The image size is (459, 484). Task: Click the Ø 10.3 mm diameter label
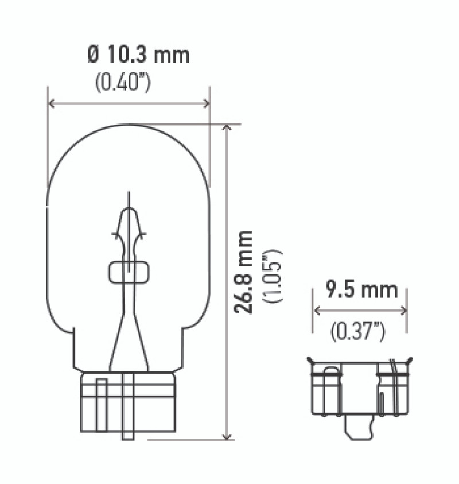pyautogui.click(x=138, y=56)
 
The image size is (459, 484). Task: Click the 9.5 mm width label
pyautogui.click(x=361, y=290)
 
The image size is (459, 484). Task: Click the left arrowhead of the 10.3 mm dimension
pyautogui.click(x=52, y=103)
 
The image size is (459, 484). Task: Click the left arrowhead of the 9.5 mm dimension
pyautogui.click(x=316, y=311)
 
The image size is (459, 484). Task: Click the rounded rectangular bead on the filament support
pyautogui.click(x=129, y=272)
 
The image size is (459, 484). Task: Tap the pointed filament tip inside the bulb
pyautogui.click(x=129, y=198)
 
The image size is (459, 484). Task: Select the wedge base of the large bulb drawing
pyautogui.click(x=128, y=402)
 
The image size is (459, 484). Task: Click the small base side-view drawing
pyautogui.click(x=360, y=390)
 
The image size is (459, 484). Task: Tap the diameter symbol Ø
pyautogui.click(x=94, y=56)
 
